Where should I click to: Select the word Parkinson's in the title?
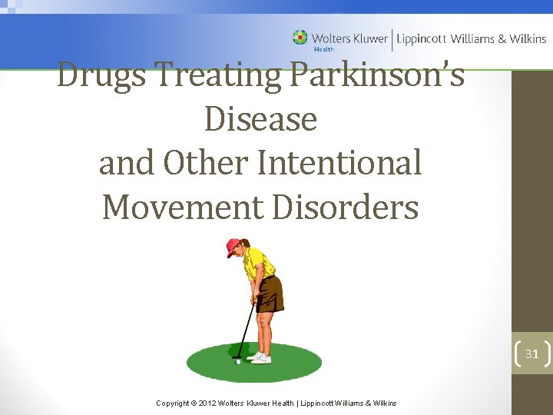point(377,76)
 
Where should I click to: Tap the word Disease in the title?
point(260,119)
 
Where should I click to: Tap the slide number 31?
point(531,354)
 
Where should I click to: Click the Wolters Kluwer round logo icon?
point(300,38)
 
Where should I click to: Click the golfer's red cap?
point(233,246)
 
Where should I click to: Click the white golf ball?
point(238,361)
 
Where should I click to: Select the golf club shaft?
point(245,330)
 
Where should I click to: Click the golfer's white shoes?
point(260,357)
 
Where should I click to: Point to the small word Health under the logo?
point(323,48)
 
